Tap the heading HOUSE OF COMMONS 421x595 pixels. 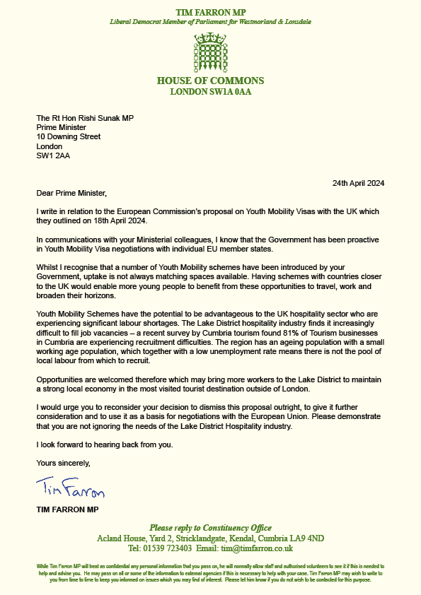pos(210,81)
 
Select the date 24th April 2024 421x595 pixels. pos(359,183)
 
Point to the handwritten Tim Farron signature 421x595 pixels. pos(70,488)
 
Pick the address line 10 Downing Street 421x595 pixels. pos(68,136)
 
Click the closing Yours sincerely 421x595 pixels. pos(64,463)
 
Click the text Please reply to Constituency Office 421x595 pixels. pos(210,528)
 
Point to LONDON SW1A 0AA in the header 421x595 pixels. pos(210,92)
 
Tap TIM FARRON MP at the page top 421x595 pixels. pos(210,12)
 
